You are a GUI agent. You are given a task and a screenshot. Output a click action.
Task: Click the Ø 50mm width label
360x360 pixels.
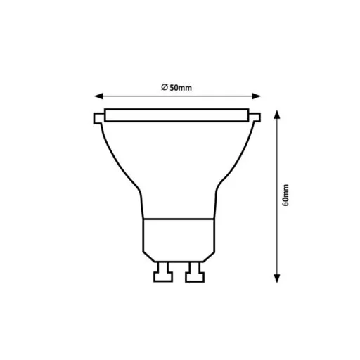pyautogui.click(x=177, y=87)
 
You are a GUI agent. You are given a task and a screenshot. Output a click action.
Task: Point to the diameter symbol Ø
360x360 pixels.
pyautogui.click(x=162, y=87)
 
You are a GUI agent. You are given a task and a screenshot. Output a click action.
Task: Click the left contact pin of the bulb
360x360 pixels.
pyautogui.click(x=162, y=271)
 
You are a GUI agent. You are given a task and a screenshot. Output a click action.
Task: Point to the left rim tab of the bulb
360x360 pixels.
pyautogui.click(x=96, y=117)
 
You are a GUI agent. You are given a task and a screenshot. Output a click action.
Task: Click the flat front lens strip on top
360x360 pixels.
pyautogui.click(x=176, y=115)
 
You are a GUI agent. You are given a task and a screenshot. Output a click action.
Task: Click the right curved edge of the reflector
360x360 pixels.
pyautogui.click(x=235, y=162)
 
